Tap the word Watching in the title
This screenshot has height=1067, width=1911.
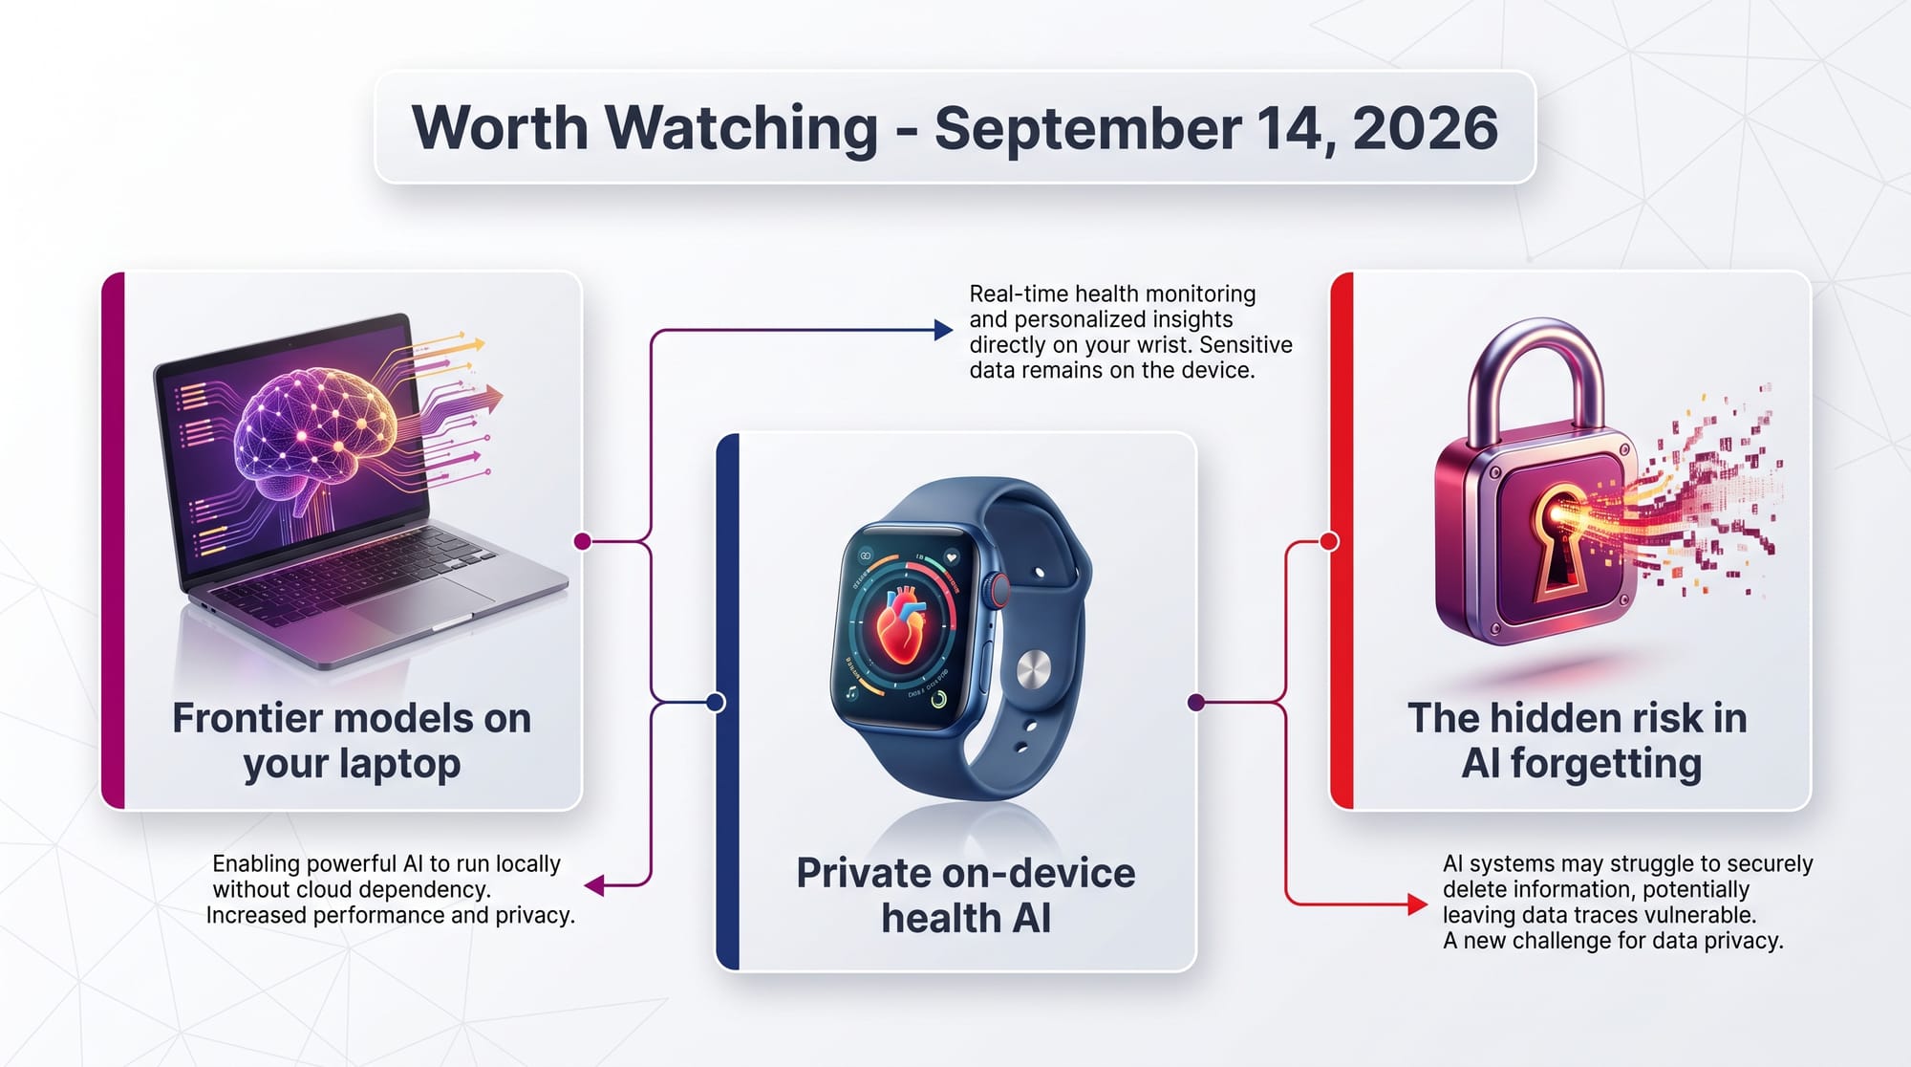741,129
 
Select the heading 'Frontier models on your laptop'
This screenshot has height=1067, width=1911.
352,741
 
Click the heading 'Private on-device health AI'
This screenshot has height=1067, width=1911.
966,896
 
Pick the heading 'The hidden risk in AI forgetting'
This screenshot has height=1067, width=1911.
1578,741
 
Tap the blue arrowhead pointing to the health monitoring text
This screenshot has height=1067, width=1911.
943,331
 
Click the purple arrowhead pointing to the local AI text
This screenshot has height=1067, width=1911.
594,886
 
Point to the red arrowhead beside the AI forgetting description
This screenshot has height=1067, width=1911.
1418,904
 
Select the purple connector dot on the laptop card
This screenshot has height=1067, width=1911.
583,541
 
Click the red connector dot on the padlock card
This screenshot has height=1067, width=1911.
1329,541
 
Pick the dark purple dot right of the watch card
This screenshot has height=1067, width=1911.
1195,703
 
